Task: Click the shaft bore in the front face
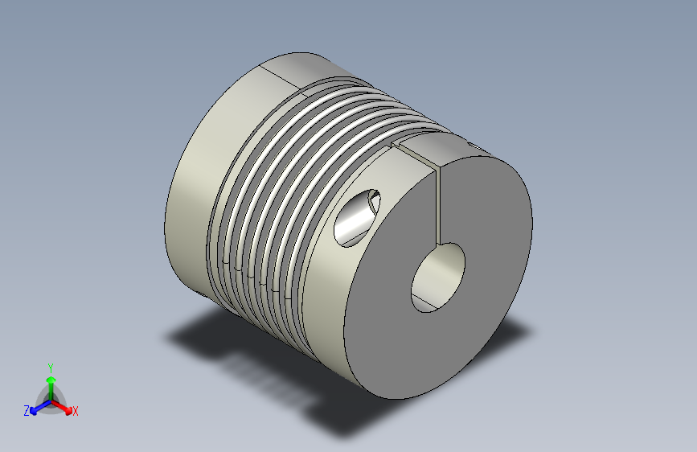tap(438, 277)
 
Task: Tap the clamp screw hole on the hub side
tap(356, 218)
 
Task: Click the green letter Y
tap(51, 368)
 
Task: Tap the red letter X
tap(75, 411)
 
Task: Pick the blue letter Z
tap(27, 411)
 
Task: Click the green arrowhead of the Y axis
tap(51, 380)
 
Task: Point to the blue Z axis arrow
tap(40, 407)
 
